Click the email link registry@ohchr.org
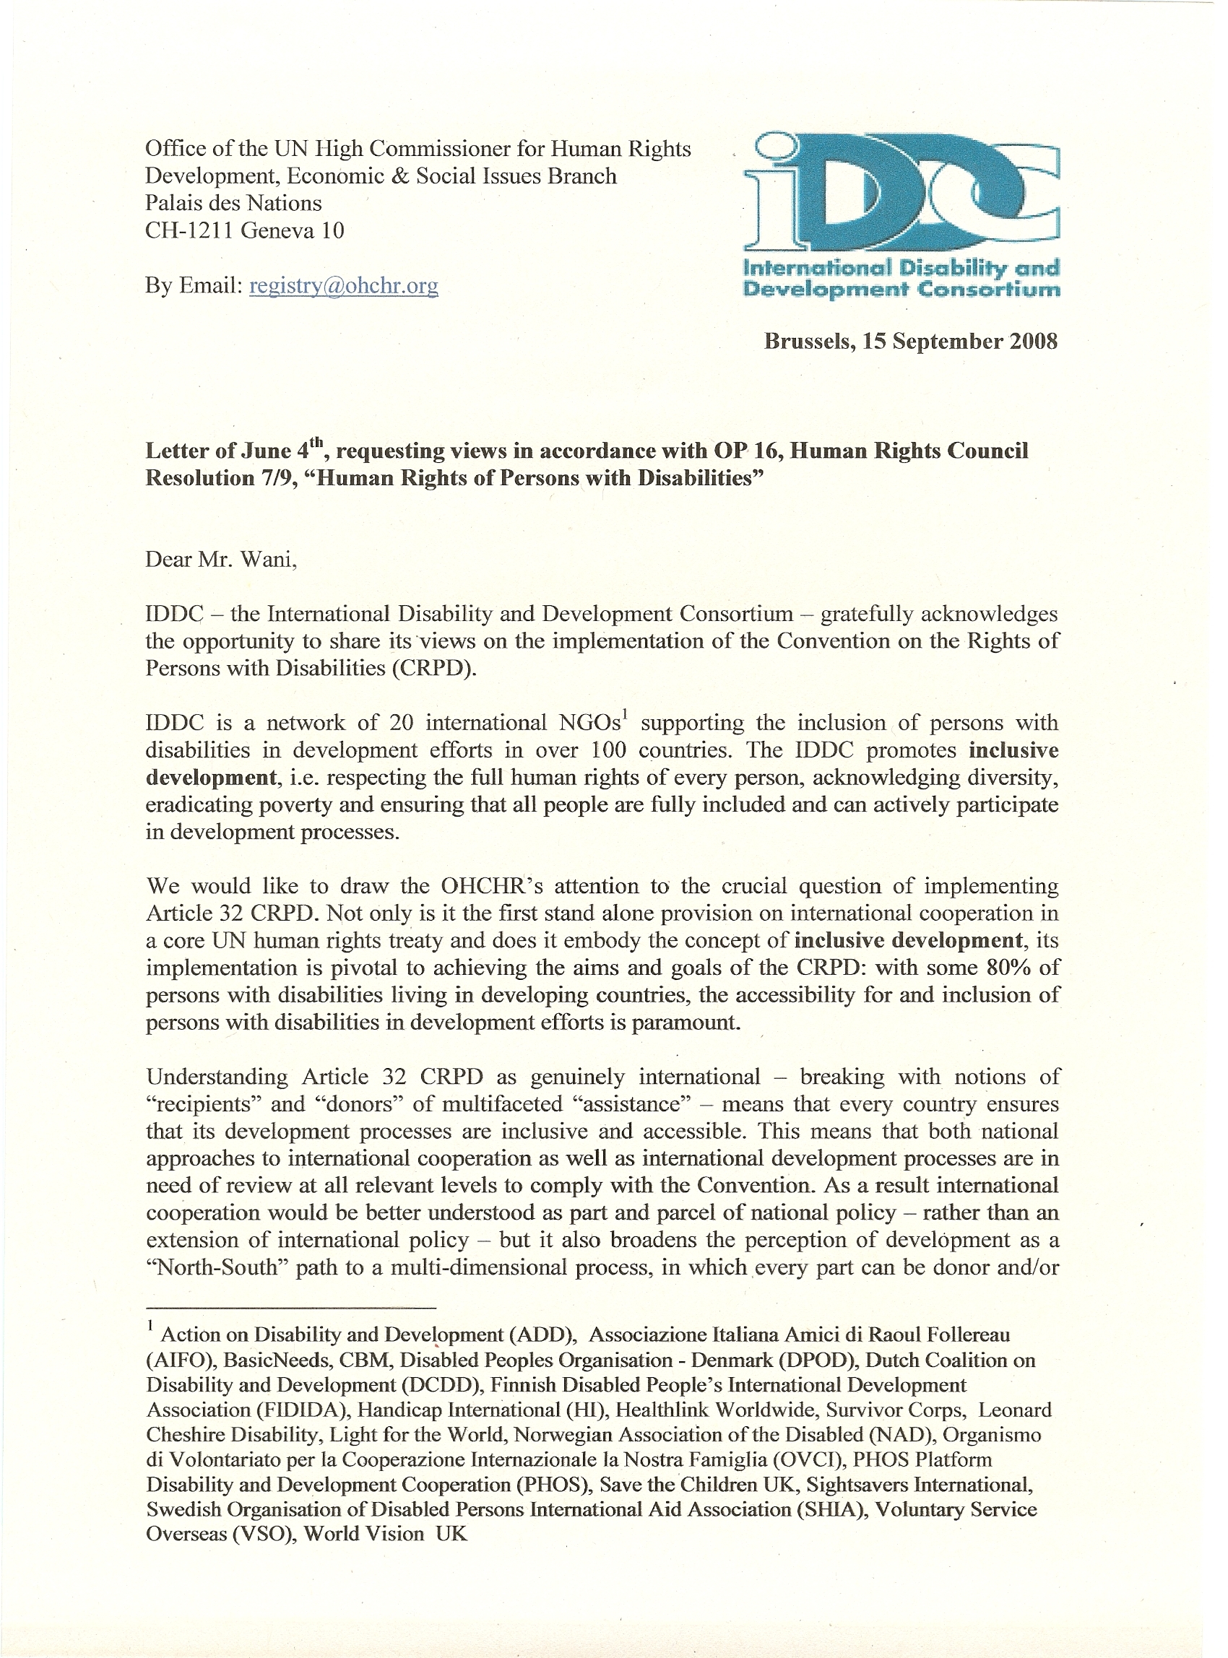tap(343, 285)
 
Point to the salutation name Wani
tap(272, 559)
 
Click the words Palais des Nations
tap(233, 203)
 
